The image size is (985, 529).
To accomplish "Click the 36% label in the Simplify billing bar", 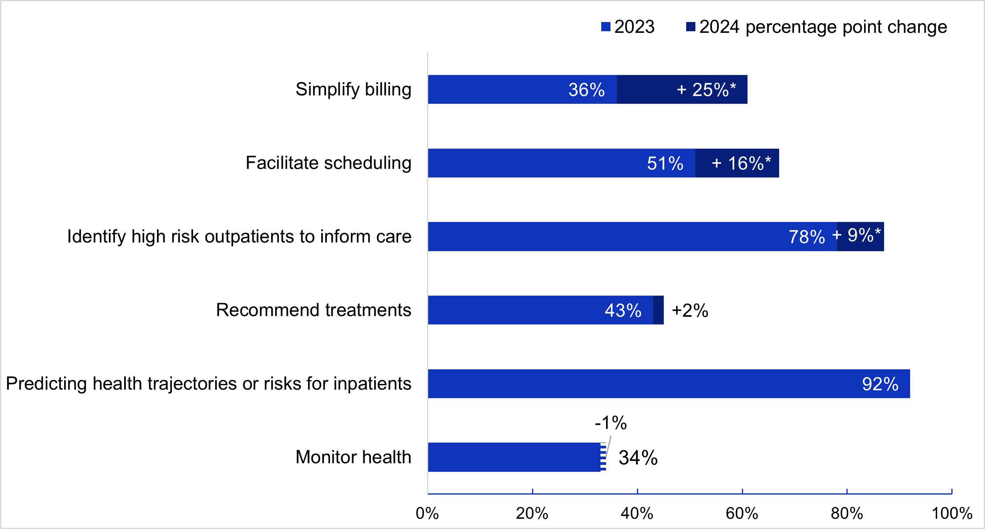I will pyautogui.click(x=586, y=90).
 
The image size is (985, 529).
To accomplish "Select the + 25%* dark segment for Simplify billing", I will pyautogui.click(x=682, y=90).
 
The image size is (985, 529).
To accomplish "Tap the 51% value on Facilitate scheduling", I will pyautogui.click(x=665, y=163).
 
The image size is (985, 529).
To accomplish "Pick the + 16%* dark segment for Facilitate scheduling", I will pyautogui.click(x=737, y=163).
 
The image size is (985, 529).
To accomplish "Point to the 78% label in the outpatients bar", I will pyautogui.click(x=807, y=237).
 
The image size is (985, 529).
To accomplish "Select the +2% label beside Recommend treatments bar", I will pyautogui.click(x=690, y=311).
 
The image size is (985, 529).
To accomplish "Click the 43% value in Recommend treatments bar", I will pyautogui.click(x=623, y=311).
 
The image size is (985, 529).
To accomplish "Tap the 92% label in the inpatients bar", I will pyautogui.click(x=880, y=384).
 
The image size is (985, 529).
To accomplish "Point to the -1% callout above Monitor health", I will pyautogui.click(x=610, y=423).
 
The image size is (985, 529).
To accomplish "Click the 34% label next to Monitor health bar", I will pyautogui.click(x=638, y=458).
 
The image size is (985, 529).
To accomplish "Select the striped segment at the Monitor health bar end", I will pyautogui.click(x=603, y=457).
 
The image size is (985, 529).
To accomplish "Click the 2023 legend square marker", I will pyautogui.click(x=606, y=27).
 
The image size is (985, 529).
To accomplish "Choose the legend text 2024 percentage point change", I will pyautogui.click(x=823, y=27).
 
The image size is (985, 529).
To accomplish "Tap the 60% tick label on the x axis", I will pyautogui.click(x=742, y=513).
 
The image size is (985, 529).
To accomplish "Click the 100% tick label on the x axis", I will pyautogui.click(x=952, y=513).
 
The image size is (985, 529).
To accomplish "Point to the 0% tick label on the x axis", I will pyautogui.click(x=427, y=513).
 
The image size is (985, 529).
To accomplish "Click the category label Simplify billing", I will pyautogui.click(x=353, y=90).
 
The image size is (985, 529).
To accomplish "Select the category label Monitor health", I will pyautogui.click(x=353, y=457).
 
